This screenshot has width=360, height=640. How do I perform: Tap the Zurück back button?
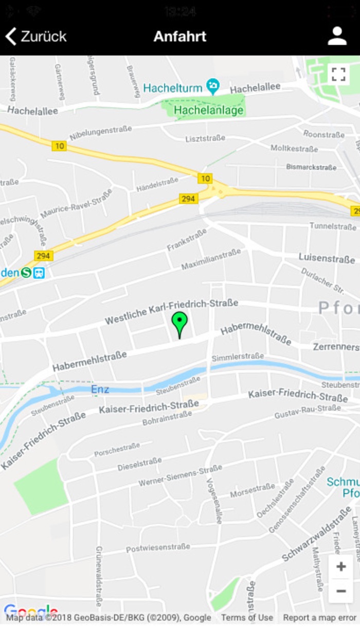point(36,37)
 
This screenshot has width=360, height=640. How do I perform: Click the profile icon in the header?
point(337,36)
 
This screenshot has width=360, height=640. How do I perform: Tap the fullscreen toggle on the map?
point(338,75)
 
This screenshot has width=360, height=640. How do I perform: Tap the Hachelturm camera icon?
point(212,85)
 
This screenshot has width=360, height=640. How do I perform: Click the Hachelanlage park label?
point(208,110)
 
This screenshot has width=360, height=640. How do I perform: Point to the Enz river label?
point(100,389)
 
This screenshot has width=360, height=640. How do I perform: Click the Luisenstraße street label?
point(327,258)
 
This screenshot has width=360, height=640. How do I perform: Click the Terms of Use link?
point(247,617)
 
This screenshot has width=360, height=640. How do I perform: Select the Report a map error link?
point(319,617)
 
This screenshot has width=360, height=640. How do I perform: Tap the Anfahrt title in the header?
point(180,37)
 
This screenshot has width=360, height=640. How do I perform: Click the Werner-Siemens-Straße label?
point(180,476)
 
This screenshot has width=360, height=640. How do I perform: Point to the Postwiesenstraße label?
point(158,548)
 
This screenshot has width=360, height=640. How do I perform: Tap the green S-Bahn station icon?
point(26,273)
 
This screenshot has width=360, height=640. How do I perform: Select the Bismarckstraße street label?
point(311,167)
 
